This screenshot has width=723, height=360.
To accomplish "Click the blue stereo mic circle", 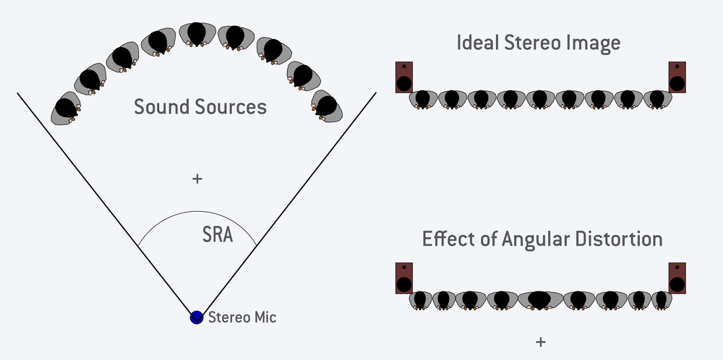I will coord(196,317).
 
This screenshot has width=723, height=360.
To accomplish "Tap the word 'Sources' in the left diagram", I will coord(229,107).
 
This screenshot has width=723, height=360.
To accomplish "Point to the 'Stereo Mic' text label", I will coord(242,317).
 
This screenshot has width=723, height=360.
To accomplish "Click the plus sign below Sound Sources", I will coord(197,179).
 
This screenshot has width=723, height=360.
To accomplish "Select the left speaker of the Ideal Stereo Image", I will coord(403,77).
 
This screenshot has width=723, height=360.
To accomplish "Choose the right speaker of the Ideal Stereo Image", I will coord(677,77).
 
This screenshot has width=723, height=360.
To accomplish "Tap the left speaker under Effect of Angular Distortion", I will coord(403,277).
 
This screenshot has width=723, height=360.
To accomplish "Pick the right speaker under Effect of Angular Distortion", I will coord(677,277).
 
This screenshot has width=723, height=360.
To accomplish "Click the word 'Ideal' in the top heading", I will coord(475,43).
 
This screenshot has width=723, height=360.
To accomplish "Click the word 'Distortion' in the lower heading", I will coord(620,239).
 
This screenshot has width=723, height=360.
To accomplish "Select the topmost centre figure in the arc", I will coord(197,34).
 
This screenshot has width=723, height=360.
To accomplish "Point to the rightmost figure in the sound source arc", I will coord(328,107).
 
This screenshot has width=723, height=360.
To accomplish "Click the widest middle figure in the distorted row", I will coord(540,299).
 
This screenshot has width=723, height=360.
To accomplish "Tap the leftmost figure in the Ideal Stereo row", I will coord(422,99).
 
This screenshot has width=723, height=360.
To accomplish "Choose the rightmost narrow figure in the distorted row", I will coord(661,299).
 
